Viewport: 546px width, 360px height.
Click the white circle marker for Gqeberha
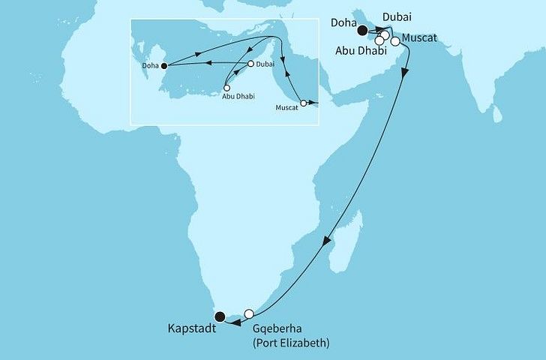pos(250,314)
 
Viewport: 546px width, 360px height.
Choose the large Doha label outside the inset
pos(344,23)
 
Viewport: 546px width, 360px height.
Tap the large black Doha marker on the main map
pos(363,31)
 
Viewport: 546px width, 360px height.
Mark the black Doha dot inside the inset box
pos(164,66)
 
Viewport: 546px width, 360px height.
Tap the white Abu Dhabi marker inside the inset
pos(227,87)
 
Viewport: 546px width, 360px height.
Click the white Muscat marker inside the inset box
pos(303,103)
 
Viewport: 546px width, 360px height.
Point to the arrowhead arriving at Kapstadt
pos(232,323)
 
